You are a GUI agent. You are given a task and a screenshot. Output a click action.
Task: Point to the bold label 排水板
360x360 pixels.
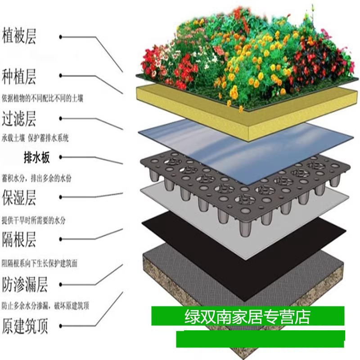[36, 157]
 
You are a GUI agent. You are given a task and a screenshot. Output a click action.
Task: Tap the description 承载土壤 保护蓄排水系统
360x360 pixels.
[36, 138]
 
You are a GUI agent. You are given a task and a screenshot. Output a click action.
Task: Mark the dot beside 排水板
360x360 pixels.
[61, 157]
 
